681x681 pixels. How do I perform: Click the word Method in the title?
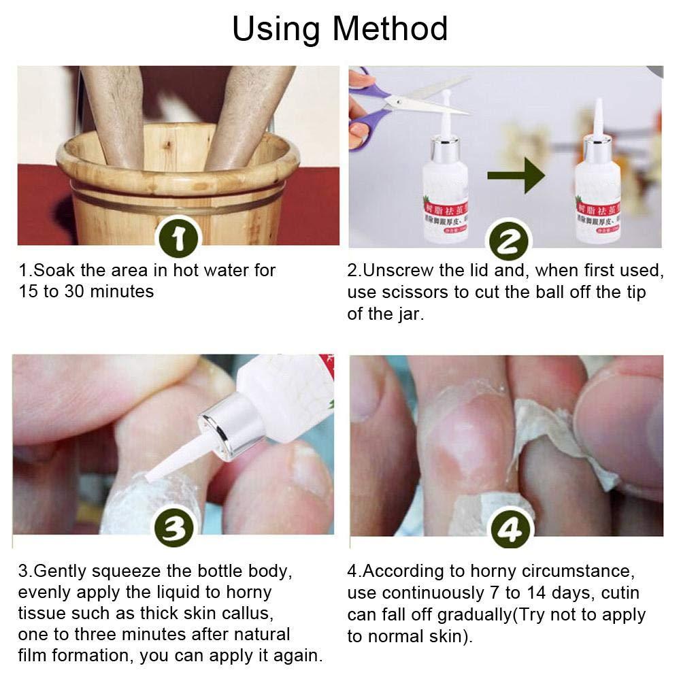click(x=390, y=29)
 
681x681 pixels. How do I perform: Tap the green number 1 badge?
click(x=178, y=240)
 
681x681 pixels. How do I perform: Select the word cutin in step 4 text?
click(x=616, y=593)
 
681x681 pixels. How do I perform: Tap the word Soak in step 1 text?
click(x=52, y=270)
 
